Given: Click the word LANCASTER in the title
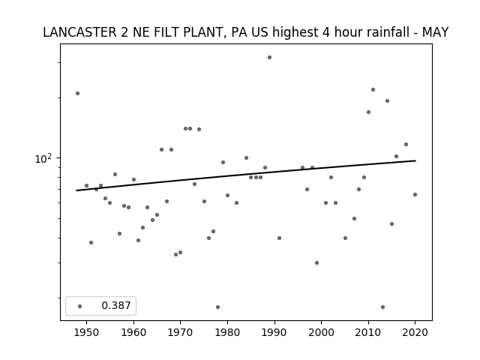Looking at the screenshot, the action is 79,32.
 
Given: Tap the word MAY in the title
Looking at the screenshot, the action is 435,32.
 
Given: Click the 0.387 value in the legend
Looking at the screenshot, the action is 116,305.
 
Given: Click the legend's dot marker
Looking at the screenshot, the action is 80,306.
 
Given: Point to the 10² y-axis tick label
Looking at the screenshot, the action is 43,158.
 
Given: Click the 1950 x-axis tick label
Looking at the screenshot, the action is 87,332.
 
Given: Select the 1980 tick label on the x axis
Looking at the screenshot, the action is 227,332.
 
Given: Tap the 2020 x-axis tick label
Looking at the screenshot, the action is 415,332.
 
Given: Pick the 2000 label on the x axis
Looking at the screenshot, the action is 322,332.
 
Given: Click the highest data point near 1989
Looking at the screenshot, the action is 269,57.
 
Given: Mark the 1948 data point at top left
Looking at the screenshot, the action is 77,93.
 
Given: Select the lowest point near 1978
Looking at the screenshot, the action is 217,307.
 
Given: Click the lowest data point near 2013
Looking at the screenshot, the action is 382,307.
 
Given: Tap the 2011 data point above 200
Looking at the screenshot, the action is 373,90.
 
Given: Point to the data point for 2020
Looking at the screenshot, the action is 415,195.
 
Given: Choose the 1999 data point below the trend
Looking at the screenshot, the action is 316,263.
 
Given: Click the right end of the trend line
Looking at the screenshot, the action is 415,160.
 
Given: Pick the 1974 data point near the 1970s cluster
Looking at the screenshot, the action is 199,129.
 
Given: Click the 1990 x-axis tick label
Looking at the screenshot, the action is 274,332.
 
